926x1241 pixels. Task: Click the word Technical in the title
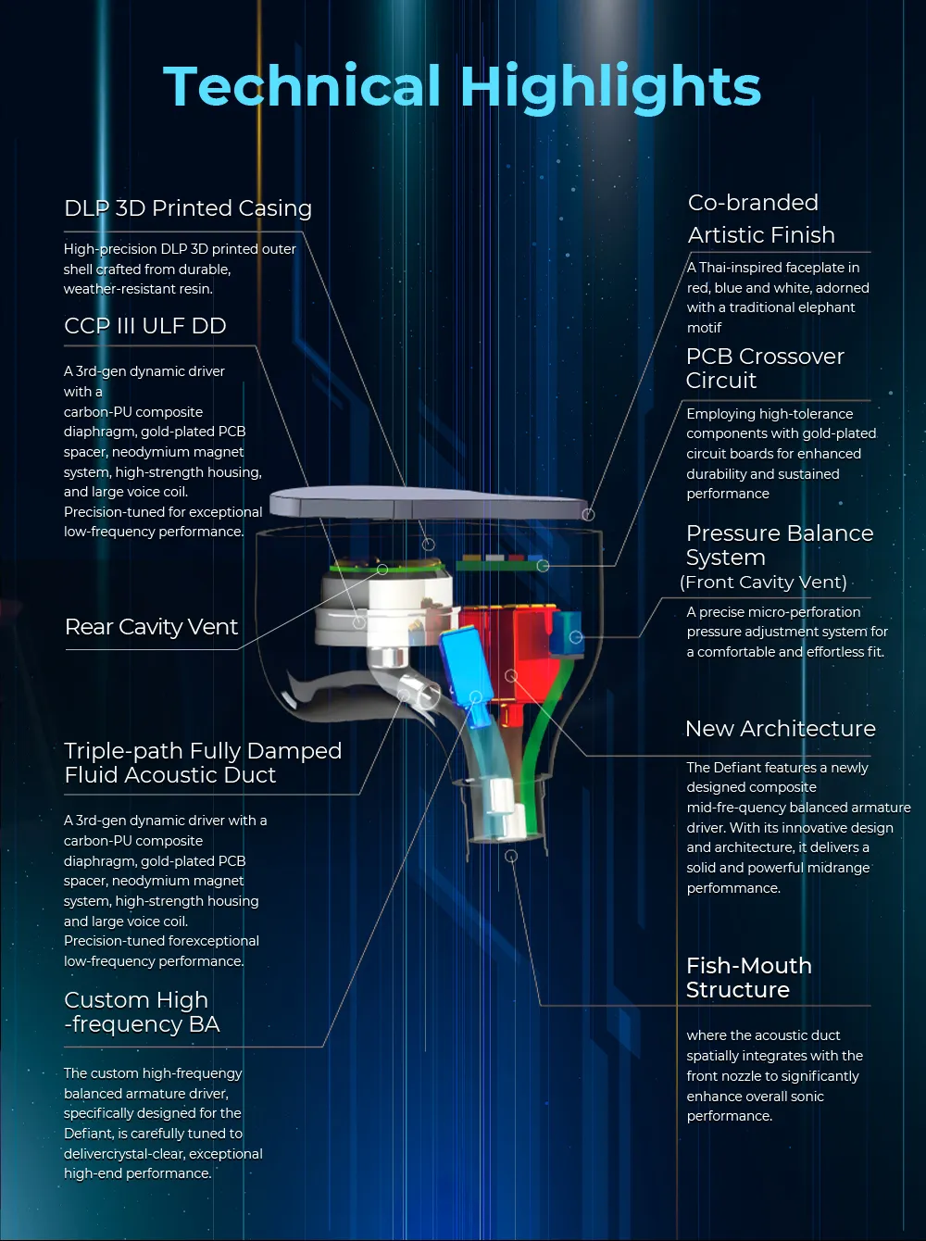click(x=301, y=85)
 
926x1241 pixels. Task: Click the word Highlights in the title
click(x=610, y=89)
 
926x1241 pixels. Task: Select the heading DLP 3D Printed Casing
click(x=188, y=208)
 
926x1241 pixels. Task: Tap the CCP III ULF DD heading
click(x=145, y=326)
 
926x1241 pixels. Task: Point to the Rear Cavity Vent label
click(x=152, y=626)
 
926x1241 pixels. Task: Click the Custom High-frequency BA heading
click(x=142, y=1012)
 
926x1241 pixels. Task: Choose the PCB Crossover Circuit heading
click(x=765, y=368)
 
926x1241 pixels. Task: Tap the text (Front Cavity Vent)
click(x=763, y=582)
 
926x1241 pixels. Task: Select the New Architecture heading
click(x=780, y=729)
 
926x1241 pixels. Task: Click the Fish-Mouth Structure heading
click(x=749, y=978)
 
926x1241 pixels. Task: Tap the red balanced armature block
click(x=508, y=650)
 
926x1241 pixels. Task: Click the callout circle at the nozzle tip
click(x=511, y=857)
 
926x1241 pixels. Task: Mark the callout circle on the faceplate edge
click(x=589, y=515)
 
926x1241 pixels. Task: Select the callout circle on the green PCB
click(x=543, y=565)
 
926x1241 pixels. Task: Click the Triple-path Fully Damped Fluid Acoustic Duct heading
click(x=203, y=763)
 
